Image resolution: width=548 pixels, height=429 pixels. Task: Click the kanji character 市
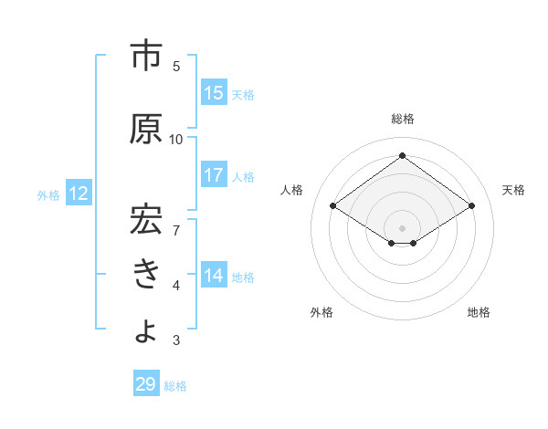tap(146, 57)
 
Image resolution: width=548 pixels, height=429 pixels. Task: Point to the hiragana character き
tap(146, 271)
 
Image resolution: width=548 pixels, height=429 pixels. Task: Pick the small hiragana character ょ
tap(146, 330)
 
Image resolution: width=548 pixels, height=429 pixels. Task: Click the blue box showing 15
tap(214, 93)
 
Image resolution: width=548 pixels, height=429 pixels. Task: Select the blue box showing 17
tap(214, 175)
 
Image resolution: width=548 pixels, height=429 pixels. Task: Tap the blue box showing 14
tap(214, 275)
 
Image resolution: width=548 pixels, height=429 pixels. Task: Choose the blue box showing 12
tap(78, 194)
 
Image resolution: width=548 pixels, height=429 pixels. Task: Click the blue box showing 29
tap(146, 384)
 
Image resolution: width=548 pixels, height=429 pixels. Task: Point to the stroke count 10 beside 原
tap(176, 139)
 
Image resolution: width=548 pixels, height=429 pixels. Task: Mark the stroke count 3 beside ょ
tap(176, 340)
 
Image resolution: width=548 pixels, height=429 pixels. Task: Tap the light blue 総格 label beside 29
tap(175, 386)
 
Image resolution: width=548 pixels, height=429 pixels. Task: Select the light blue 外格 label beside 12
tap(48, 194)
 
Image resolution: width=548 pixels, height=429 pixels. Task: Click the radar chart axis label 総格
tap(402, 119)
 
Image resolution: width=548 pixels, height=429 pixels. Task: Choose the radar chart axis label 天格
tap(513, 190)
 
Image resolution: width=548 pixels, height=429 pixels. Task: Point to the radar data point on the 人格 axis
tap(333, 206)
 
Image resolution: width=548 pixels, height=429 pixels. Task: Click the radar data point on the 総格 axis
tap(402, 155)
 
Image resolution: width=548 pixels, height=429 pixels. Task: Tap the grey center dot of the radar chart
tap(402, 226)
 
